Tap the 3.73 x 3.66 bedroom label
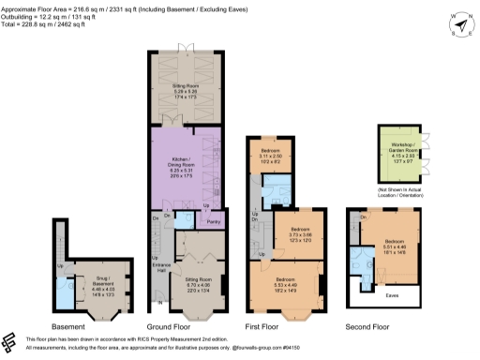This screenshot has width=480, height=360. [x=300, y=232]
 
